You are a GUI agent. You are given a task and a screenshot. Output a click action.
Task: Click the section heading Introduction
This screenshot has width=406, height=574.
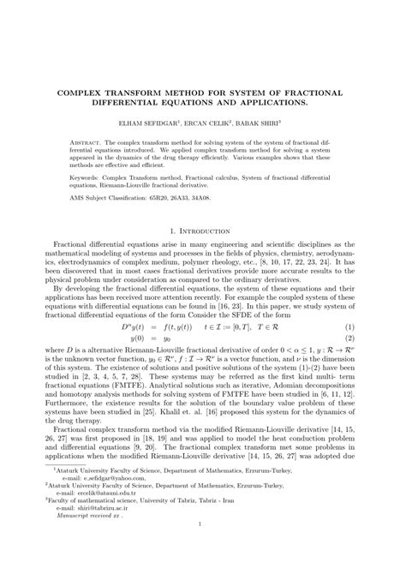click(209, 231)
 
